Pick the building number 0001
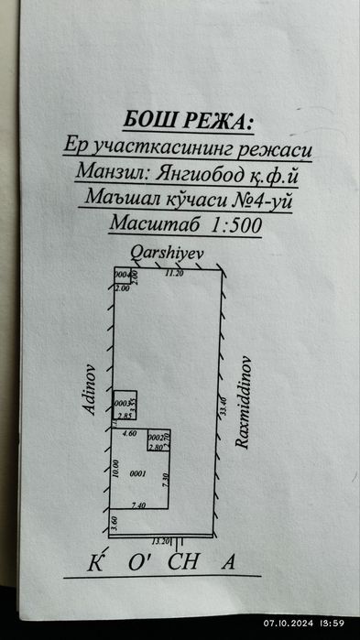[x=138, y=473]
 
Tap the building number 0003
[x=121, y=403]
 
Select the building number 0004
[x=121, y=275]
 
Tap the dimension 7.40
[x=138, y=504]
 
